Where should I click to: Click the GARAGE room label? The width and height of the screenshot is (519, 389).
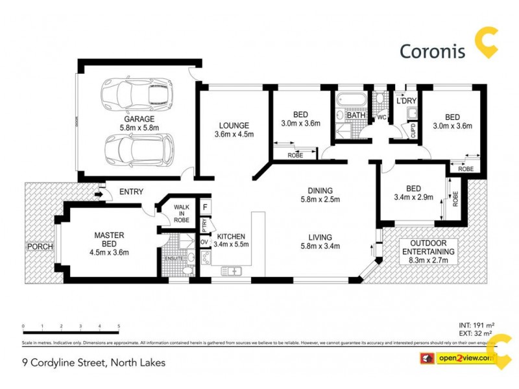(139, 119)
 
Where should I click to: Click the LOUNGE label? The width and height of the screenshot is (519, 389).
(234, 125)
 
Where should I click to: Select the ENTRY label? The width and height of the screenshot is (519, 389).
(130, 192)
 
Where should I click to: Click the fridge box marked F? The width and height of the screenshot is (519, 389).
(205, 207)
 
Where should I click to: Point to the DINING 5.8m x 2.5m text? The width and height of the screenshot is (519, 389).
(320, 194)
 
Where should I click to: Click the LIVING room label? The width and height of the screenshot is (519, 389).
(320, 237)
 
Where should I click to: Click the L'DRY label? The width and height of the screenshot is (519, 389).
(406, 101)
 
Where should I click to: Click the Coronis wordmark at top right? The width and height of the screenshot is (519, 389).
(432, 51)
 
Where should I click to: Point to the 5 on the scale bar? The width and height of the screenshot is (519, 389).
(119, 326)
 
